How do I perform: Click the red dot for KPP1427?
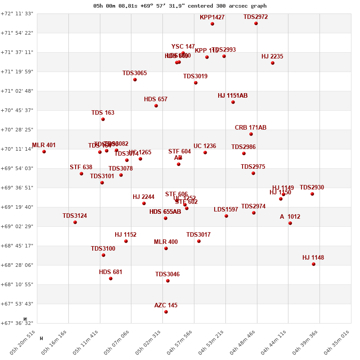pos(212,24)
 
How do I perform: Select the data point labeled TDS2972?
pos(256,23)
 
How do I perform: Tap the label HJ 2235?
pos(272,57)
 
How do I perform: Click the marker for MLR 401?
pos(44,152)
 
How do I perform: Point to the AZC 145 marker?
pos(166,312)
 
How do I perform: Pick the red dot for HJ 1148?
pos(314,264)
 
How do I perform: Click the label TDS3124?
pos(75,216)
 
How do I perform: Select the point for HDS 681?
pos(111,279)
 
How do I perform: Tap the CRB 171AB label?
pos(251,128)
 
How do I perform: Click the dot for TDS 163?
pos(103,119)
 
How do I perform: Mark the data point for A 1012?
pos(290,223)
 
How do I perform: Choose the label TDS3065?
pos(135,73)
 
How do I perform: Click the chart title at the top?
pos(180,6)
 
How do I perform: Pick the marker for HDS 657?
pos(156,106)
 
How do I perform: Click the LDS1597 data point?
pos(226,216)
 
